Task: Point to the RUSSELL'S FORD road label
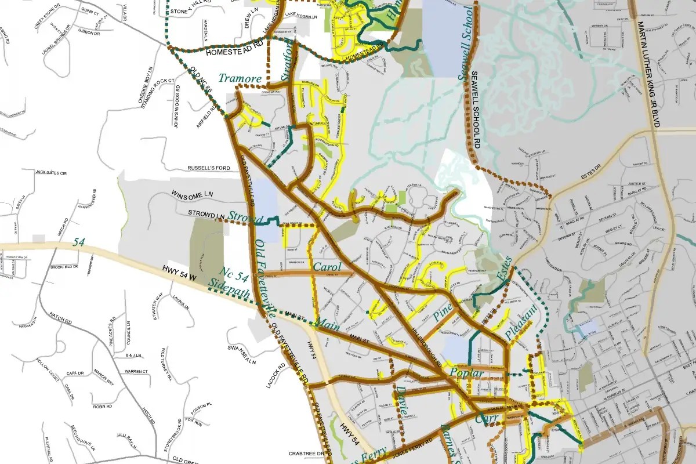pyautogui.click(x=209, y=168)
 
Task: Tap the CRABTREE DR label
pyautogui.click(x=304, y=454)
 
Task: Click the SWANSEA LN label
pyautogui.click(x=242, y=356)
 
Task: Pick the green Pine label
pyautogui.click(x=444, y=316)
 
